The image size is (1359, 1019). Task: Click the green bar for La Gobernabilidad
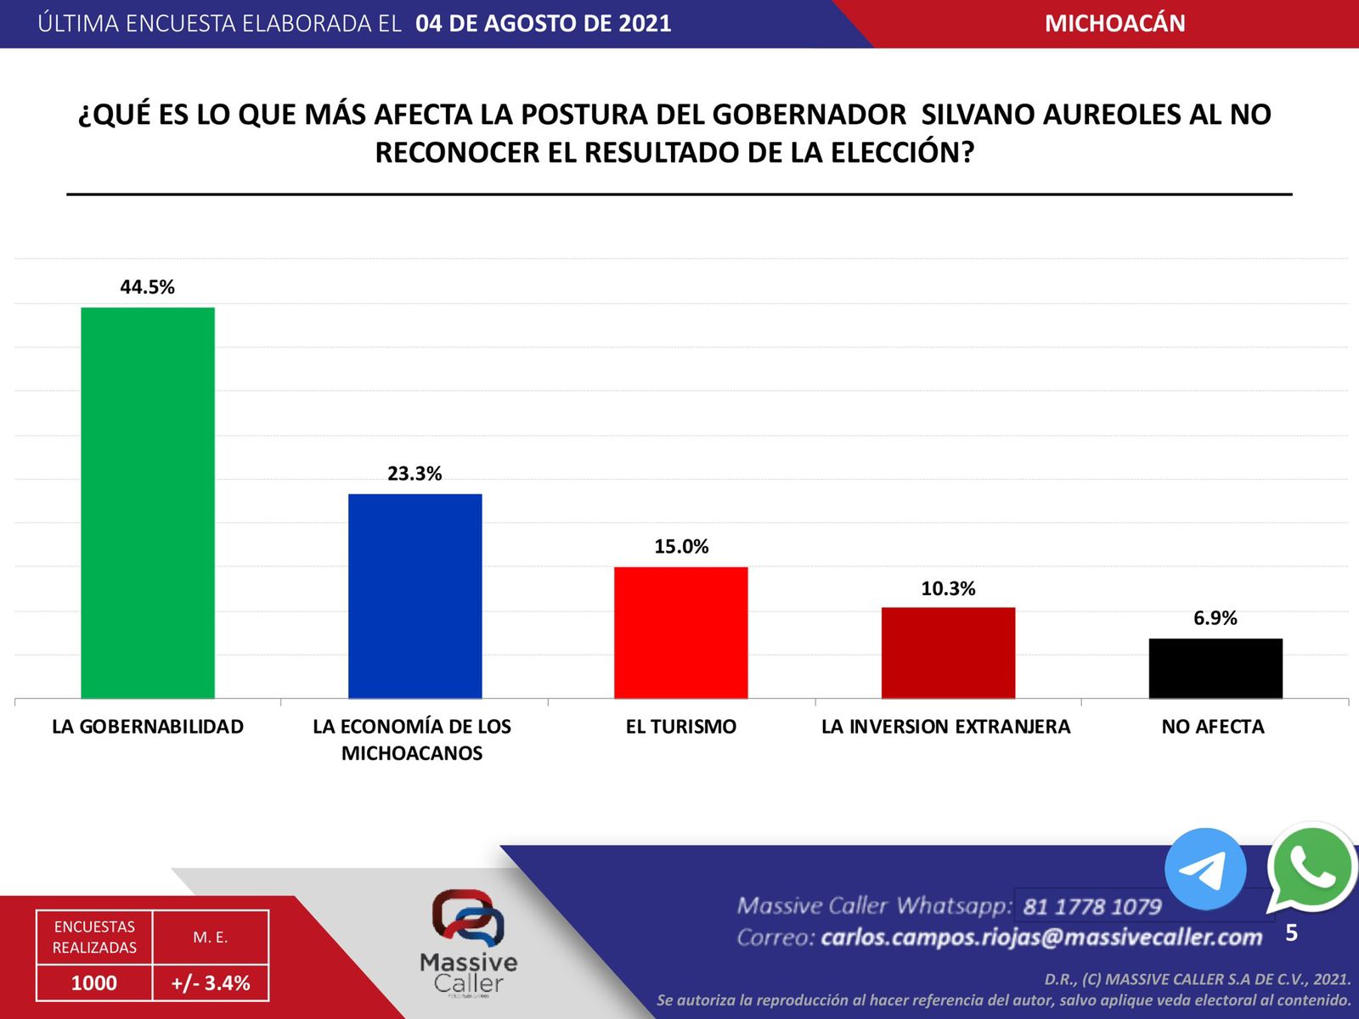[x=148, y=503]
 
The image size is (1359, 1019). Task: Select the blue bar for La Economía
[x=414, y=596]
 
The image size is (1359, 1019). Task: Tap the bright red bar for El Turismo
[x=681, y=633]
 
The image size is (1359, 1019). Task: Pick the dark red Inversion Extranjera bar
[x=948, y=653]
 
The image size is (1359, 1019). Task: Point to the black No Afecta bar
[x=1215, y=668]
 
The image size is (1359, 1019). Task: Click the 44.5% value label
[x=148, y=287]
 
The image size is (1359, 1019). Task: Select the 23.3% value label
[x=414, y=474]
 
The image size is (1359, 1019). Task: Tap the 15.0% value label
[x=681, y=547]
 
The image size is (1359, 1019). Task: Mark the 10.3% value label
[x=948, y=588]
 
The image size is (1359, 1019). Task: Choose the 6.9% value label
[x=1215, y=618]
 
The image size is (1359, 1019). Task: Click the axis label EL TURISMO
[x=681, y=727]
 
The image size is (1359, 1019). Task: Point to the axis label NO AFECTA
[x=1213, y=727]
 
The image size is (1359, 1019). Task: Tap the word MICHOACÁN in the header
[x=1114, y=24]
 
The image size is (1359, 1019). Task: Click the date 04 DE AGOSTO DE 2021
[x=544, y=24]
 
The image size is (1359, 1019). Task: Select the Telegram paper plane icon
[x=1204, y=869]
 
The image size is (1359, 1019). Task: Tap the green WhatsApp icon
[x=1311, y=867]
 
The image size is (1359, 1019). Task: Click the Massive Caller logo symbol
[x=468, y=917]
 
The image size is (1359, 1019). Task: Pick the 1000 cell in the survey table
[x=94, y=983]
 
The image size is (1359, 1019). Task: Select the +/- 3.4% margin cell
[x=211, y=983]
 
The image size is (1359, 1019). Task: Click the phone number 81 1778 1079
[x=1092, y=907]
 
